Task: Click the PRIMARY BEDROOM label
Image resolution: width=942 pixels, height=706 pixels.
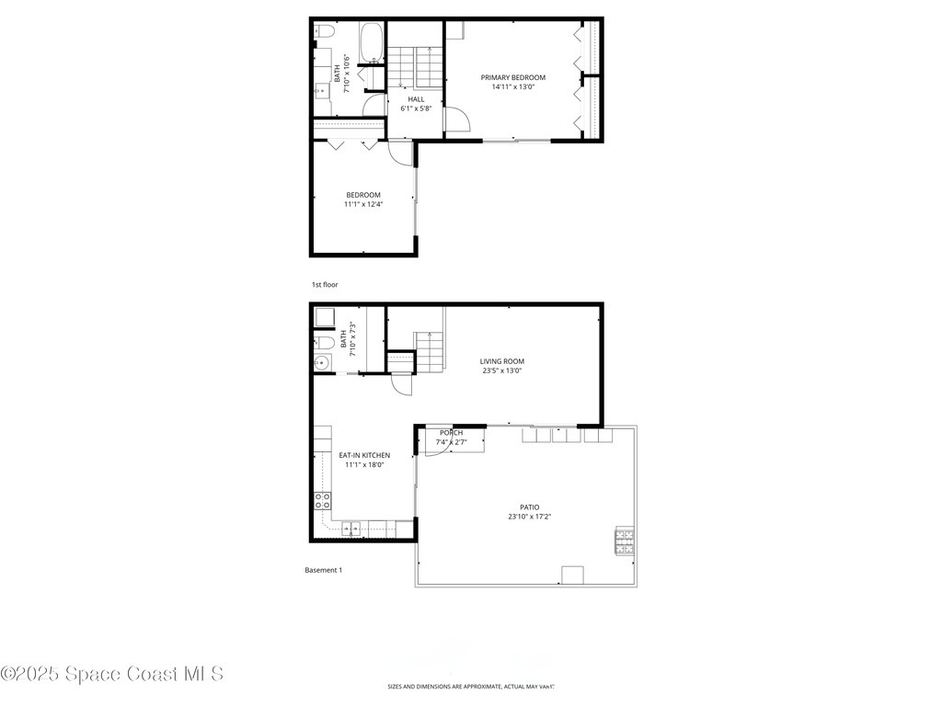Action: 512,77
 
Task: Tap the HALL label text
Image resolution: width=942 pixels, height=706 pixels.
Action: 416,99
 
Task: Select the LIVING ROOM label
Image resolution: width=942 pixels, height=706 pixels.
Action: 502,361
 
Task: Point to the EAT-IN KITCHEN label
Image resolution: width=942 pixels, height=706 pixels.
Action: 364,455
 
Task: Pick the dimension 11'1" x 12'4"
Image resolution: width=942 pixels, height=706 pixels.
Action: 363,204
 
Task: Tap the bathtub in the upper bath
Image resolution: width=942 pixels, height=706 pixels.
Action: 371,43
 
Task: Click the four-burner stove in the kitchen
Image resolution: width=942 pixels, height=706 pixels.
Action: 323,501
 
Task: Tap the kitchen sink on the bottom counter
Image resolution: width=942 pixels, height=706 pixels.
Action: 351,528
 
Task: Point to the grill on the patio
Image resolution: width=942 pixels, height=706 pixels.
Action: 624,541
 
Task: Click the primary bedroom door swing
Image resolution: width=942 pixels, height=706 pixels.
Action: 458,120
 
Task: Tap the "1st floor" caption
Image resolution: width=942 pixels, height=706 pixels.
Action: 325,285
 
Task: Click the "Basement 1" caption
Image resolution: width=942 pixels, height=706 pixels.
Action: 323,570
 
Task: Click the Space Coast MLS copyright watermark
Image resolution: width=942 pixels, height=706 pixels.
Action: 112,674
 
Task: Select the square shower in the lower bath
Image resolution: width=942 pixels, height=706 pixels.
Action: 325,318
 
